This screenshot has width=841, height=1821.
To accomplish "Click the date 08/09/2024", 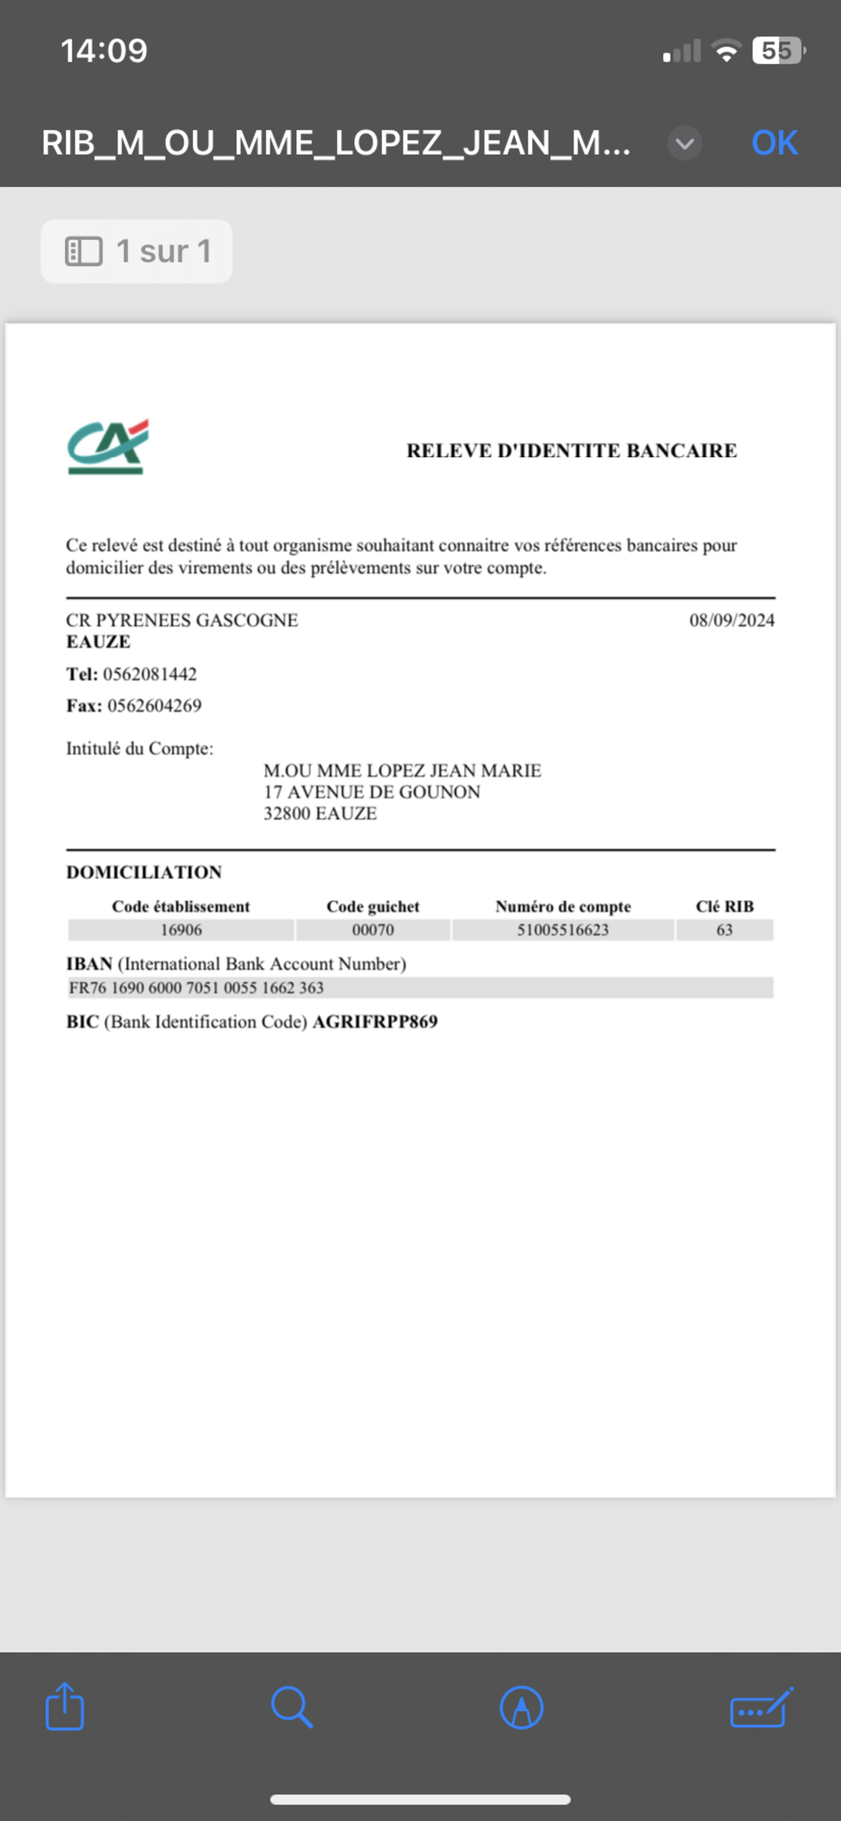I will coord(731,620).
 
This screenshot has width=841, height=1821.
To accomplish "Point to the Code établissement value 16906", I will coord(181,930).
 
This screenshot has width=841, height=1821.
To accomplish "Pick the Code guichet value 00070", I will coord(373,930).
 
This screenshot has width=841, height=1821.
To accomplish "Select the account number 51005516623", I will coord(563,930).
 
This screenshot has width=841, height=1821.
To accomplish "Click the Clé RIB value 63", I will coord(725,930).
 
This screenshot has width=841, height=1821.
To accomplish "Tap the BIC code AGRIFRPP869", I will coord(375,1021).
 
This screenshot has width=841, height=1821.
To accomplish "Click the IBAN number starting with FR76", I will coord(196,988).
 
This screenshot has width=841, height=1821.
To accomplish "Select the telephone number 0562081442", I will coord(150,674).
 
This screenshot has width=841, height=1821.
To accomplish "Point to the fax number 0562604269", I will coord(154,705).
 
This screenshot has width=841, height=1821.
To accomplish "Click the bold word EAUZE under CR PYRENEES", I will coord(98,642).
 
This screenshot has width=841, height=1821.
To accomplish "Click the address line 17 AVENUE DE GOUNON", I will coord(372,792).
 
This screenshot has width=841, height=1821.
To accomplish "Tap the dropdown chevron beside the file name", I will coord(684,143).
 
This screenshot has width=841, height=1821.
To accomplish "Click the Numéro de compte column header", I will coord(563,906).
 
